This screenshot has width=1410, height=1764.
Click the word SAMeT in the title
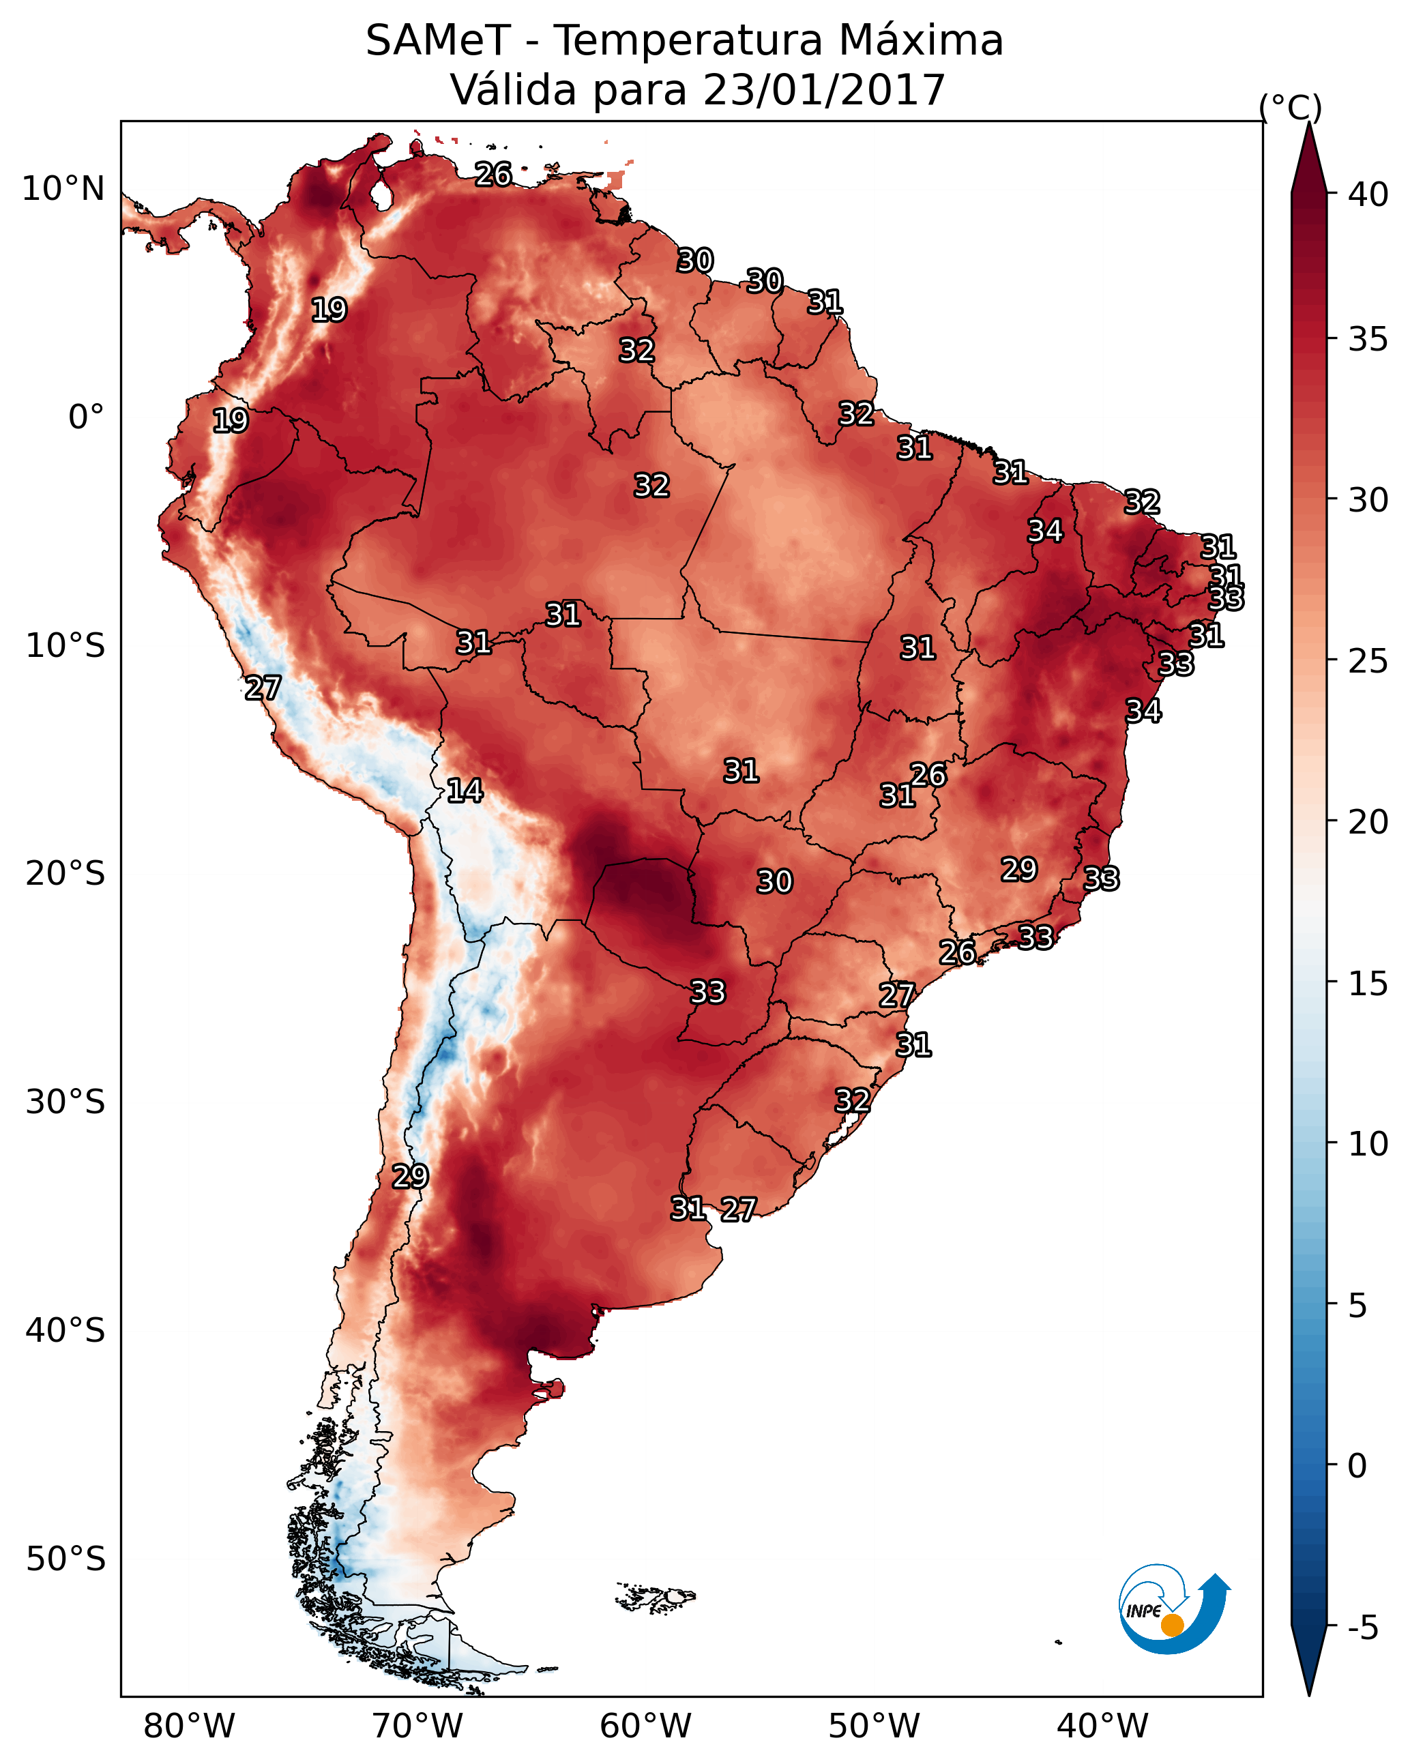[438, 41]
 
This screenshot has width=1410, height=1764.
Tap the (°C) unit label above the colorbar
[1290, 107]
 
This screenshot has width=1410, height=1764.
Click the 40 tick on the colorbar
[1368, 194]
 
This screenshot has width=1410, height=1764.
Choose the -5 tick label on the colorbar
[1362, 1628]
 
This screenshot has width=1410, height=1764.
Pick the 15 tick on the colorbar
[1368, 984]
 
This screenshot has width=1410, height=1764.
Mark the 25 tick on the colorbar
[1368, 661]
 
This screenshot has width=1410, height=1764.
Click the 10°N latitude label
[63, 189]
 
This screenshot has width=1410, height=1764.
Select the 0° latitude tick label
[86, 417]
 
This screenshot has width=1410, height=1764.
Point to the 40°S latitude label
[65, 1330]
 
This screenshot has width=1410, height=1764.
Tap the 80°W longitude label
[189, 1726]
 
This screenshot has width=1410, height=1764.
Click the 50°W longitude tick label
[874, 1726]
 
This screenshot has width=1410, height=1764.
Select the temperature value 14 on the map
[465, 791]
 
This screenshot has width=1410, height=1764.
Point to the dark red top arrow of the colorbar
[1308, 160]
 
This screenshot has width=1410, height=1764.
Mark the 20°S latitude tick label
[65, 874]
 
